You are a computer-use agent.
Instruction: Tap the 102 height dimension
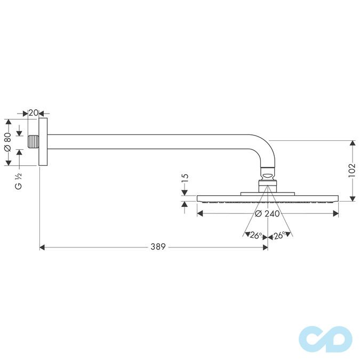point(351,171)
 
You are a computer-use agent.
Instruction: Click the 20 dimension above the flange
point(33,113)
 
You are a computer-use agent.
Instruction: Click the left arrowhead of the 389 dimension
point(43,247)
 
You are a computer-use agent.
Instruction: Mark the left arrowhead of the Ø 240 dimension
point(201,214)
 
